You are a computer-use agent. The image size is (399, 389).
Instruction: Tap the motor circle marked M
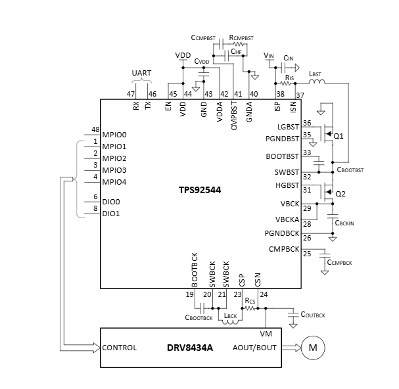tap(312, 348)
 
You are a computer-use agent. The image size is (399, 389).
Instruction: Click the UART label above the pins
tap(141, 73)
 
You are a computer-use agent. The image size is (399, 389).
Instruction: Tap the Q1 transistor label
tap(339, 137)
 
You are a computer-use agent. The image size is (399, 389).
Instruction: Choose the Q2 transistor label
tap(340, 194)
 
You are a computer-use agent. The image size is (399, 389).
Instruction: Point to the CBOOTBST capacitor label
tap(350, 170)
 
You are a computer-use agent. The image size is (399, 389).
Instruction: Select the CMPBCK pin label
tap(284, 249)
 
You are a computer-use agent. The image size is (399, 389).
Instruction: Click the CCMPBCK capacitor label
tap(339, 263)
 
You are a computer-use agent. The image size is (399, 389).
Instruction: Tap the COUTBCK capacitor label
tap(312, 315)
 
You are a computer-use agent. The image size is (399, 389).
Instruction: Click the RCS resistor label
tap(250, 301)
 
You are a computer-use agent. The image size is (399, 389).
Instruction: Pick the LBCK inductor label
tap(230, 316)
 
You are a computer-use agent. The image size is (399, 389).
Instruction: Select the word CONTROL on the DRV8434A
tap(119, 348)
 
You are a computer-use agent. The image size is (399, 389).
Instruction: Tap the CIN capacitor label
tap(287, 58)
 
